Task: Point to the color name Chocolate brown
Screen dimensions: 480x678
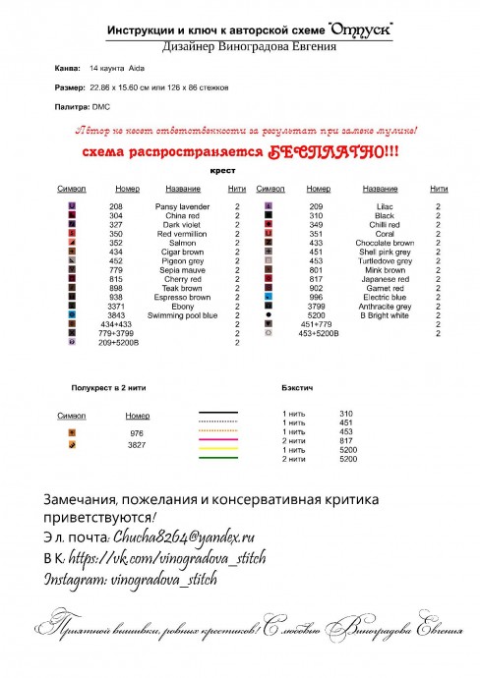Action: (x=385, y=243)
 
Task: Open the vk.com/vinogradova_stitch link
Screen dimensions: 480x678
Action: (x=168, y=558)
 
